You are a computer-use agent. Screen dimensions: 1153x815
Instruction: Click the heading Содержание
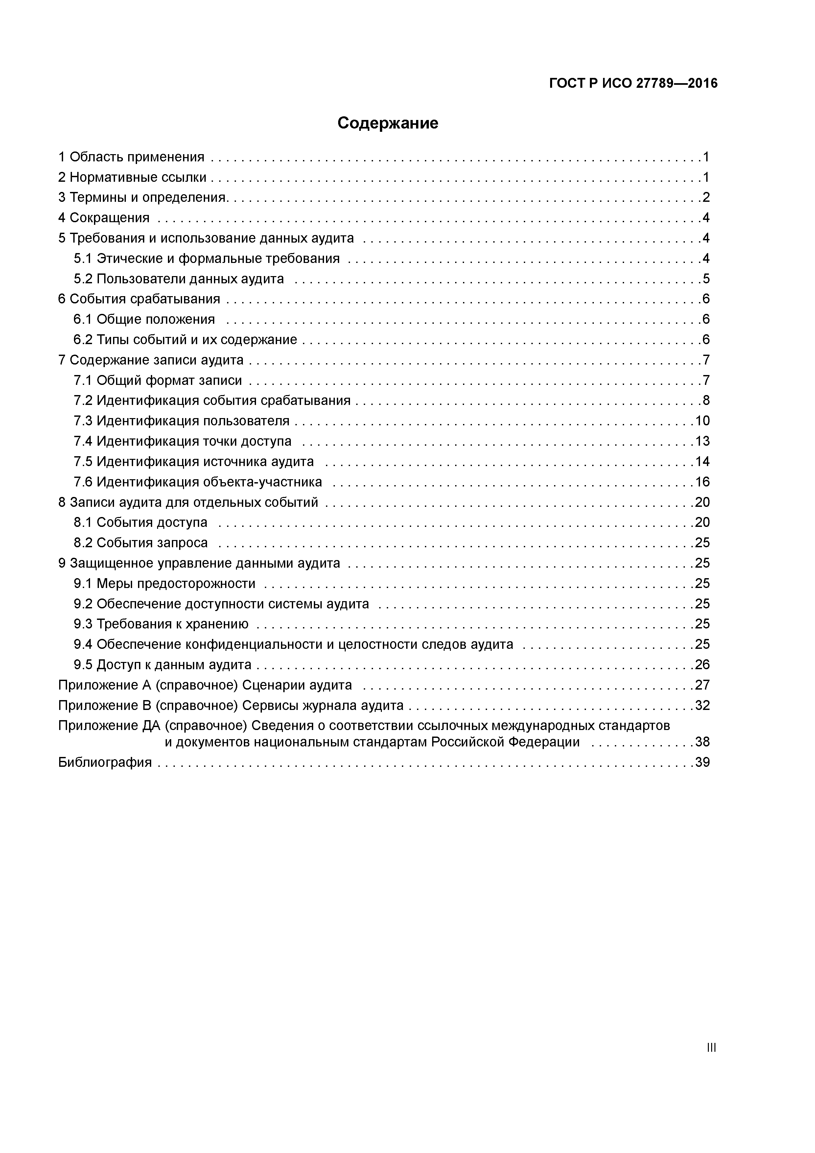[388, 123]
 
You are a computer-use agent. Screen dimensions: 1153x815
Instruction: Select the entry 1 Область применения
[131, 157]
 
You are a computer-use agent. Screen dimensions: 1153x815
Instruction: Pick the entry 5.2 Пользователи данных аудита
[179, 279]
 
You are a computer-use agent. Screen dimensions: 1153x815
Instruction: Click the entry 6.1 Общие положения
[144, 319]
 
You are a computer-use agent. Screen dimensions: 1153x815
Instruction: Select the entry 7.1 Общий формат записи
[158, 380]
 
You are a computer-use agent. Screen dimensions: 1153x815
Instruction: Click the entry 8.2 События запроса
[141, 543]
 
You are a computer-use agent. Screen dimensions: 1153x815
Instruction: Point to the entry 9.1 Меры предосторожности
[164, 583]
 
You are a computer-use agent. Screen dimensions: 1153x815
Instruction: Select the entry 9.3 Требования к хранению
[161, 624]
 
